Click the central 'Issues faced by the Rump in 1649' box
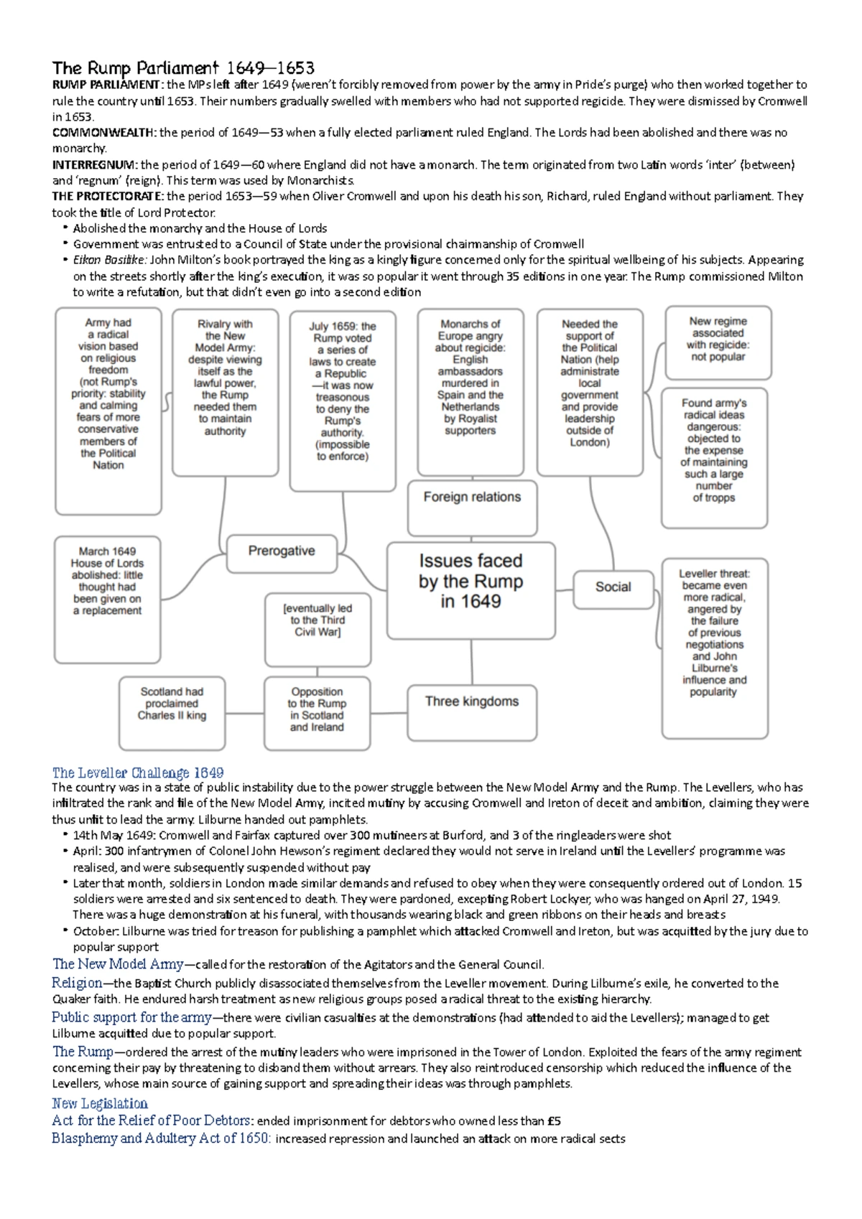471,590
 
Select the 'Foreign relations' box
472,508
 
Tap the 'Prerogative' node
282,553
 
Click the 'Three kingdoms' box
472,712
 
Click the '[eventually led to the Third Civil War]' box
318,628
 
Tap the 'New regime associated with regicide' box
718,342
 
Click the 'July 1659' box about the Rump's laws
343,400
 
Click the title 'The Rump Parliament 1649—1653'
183,69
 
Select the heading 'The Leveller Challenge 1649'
138,772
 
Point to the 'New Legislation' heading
100,1103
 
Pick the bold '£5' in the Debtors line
554,1121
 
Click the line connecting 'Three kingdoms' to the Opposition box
389,713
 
